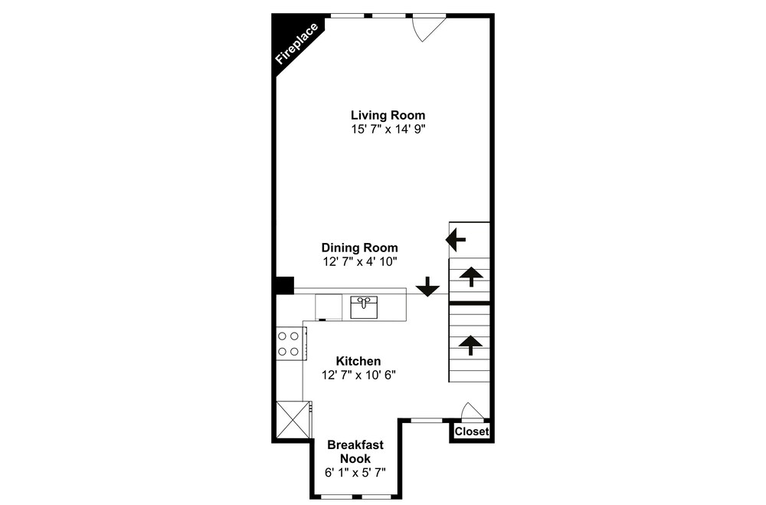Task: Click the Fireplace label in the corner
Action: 296,44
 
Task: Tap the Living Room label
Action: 388,116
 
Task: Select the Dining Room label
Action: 359,248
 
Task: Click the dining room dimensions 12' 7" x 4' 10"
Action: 359,261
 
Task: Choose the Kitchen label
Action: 358,361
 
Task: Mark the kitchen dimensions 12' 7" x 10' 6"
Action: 358,375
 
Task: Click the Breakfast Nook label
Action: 355,451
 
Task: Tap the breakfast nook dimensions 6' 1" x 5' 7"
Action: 355,473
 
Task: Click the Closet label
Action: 471,431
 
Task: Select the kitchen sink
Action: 364,307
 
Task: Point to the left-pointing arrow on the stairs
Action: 455,240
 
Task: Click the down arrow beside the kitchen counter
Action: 427,287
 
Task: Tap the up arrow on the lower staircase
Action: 470,345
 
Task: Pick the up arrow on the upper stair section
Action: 470,277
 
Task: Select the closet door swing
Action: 473,411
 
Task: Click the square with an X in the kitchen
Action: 293,419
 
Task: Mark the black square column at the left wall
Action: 284,286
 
